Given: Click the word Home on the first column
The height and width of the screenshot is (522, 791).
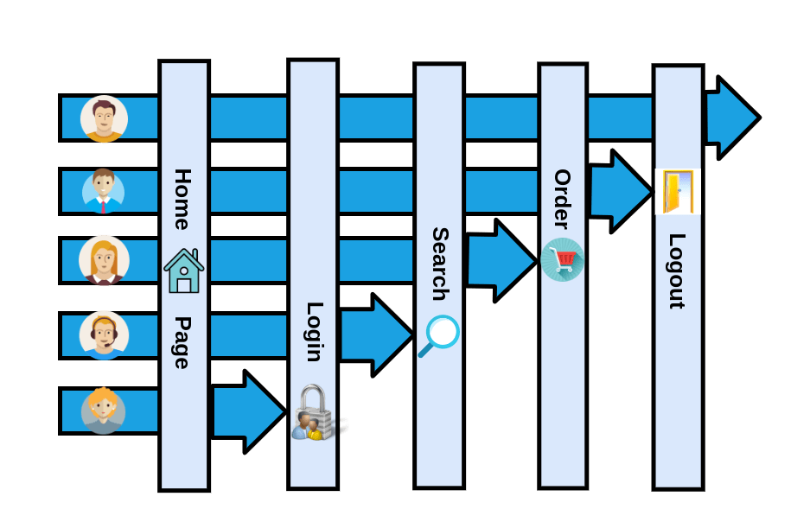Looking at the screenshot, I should (x=182, y=200).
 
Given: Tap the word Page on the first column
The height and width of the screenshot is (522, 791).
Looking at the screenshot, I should (x=182, y=342).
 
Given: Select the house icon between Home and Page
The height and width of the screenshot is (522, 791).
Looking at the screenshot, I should (x=183, y=271).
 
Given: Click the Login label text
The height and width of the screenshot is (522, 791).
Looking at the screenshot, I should (x=314, y=332).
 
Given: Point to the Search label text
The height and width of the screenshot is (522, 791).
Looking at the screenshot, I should (x=440, y=264).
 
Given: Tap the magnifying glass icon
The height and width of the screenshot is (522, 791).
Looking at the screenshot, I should (x=439, y=336).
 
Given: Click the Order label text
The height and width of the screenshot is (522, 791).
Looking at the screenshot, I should (x=563, y=200).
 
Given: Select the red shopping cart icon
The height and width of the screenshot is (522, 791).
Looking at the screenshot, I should (x=563, y=259).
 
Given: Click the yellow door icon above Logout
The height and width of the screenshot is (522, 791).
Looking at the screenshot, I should (x=678, y=192).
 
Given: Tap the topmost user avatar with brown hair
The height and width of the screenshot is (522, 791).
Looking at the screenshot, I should (x=105, y=118).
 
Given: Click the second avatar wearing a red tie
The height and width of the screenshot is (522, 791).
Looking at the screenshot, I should (x=104, y=191).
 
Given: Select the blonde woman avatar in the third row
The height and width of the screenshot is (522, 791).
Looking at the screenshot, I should (x=104, y=260).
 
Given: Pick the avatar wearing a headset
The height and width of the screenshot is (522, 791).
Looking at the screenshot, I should (x=104, y=335).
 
